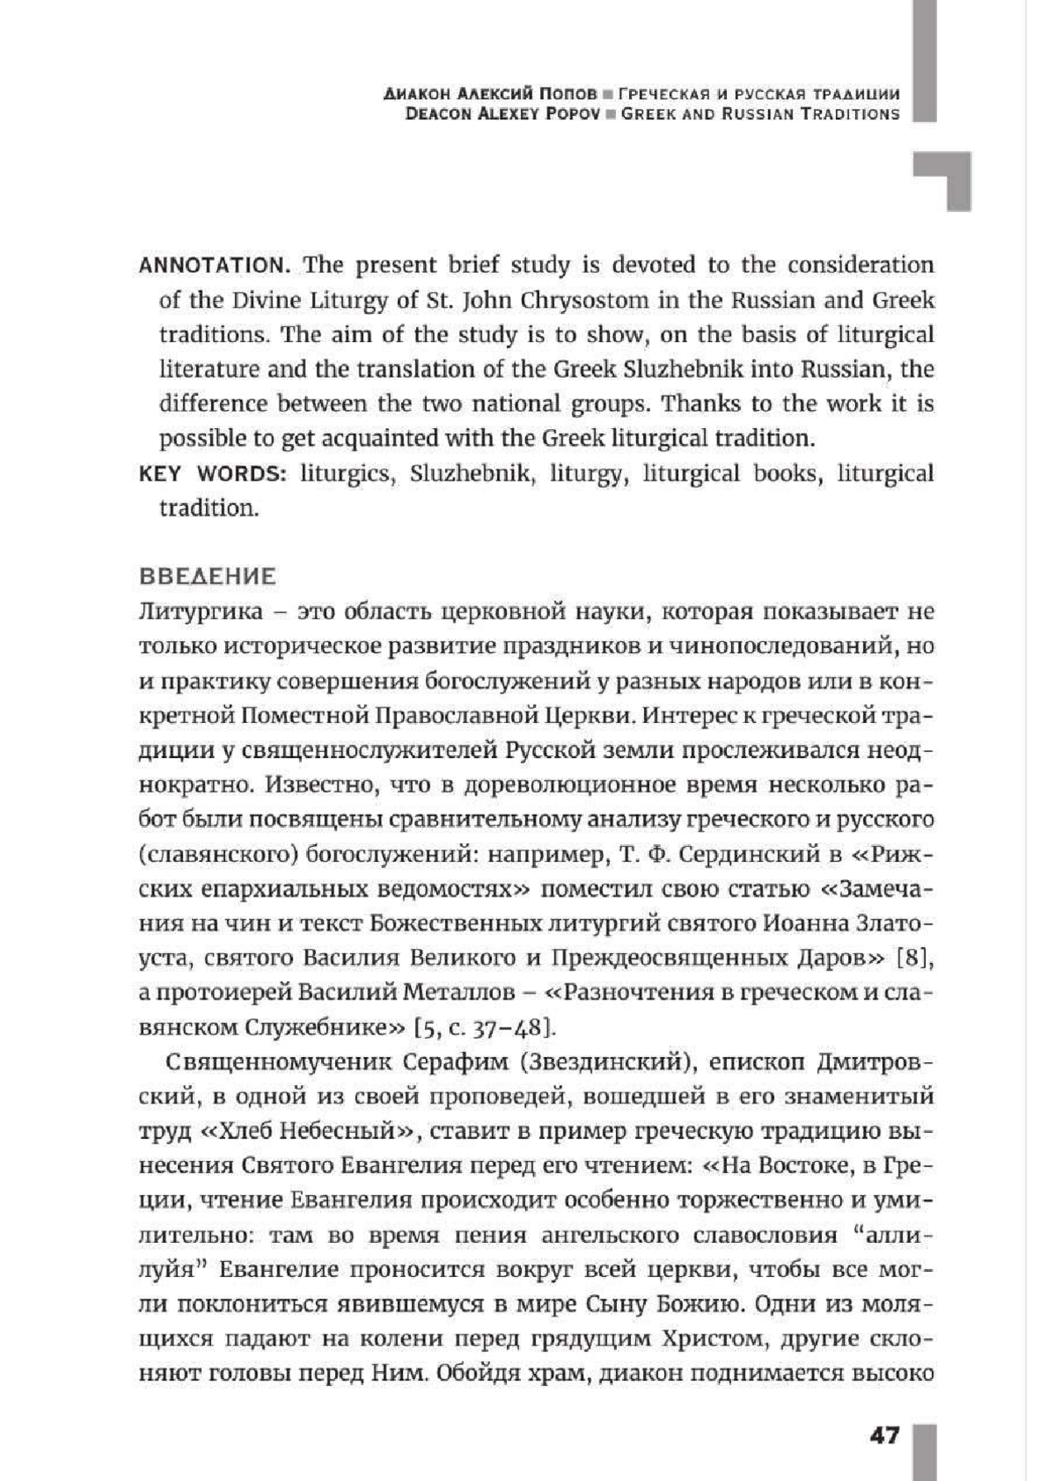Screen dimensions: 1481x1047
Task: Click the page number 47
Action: pos(884,1435)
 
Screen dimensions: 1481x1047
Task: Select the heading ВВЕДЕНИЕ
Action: pos(208,577)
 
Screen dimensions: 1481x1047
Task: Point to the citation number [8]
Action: pos(915,958)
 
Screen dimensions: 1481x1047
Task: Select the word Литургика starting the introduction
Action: pos(201,611)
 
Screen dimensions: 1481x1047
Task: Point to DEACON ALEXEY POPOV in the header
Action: pos(503,113)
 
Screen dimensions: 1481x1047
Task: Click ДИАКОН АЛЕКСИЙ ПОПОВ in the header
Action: pos(491,94)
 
